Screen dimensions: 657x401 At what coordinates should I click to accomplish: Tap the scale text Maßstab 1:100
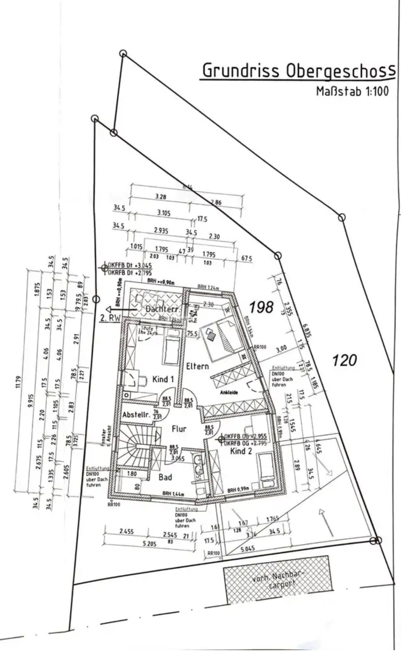click(352, 91)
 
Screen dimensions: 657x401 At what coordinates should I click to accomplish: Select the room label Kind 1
click(163, 379)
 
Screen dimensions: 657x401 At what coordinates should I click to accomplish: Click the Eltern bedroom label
click(197, 366)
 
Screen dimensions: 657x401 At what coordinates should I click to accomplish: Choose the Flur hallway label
click(179, 429)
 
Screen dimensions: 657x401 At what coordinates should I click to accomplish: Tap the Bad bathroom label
click(165, 477)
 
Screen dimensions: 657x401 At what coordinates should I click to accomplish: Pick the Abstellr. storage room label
click(136, 415)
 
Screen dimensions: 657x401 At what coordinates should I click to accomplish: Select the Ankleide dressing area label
click(229, 393)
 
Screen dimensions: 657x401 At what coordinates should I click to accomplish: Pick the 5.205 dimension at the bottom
click(149, 544)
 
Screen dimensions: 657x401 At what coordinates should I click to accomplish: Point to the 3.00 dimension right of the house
click(281, 349)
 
